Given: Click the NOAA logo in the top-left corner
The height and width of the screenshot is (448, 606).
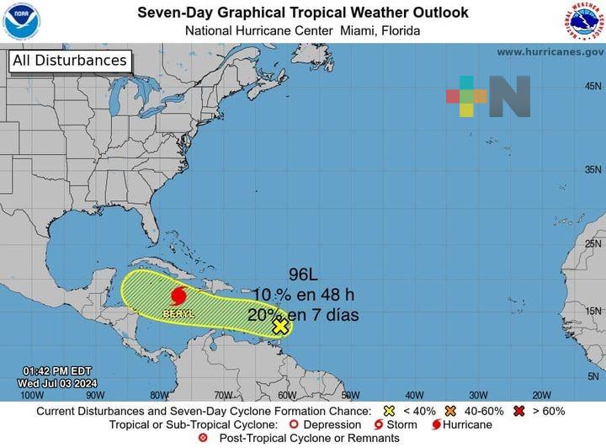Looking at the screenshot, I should (x=21, y=21).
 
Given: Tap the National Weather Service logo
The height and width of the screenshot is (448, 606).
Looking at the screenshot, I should (x=584, y=21).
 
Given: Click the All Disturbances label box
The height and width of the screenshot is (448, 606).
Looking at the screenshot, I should (x=70, y=61).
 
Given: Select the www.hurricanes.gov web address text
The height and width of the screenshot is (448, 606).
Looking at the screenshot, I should (x=550, y=52).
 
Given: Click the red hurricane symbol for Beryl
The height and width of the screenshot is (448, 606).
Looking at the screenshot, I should (x=178, y=296).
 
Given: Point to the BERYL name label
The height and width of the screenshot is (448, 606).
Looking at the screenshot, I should (x=178, y=313).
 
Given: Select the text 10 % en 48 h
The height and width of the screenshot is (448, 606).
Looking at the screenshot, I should (x=305, y=295).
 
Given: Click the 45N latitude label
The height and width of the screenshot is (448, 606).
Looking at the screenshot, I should (x=593, y=87).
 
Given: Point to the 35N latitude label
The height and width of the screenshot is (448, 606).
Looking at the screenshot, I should (x=593, y=169).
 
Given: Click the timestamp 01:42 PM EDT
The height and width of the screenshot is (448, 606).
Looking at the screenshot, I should (x=57, y=371).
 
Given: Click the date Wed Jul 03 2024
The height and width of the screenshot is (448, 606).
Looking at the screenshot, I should (x=57, y=383).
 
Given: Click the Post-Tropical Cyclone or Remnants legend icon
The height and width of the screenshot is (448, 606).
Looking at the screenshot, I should (x=202, y=438).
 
